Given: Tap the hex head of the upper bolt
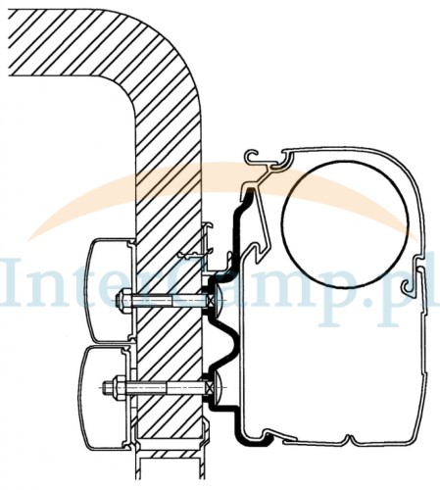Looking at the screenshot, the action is pos(125,300).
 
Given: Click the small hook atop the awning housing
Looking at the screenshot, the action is pos(254,157).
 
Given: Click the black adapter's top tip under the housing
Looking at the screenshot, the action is pos(250,193).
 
